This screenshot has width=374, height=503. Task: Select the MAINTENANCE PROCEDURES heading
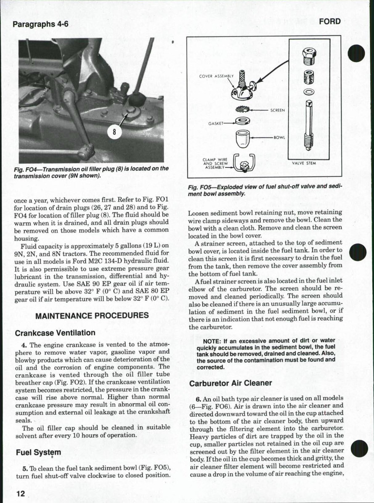(92, 315)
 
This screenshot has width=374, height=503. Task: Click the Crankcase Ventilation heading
(55, 333)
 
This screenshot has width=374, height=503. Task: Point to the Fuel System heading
(38, 453)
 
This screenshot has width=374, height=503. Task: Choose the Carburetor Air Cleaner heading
(231, 383)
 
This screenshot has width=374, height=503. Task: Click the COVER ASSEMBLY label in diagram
(216, 76)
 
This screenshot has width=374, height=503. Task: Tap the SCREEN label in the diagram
(277, 110)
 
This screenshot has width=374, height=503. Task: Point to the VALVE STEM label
(306, 163)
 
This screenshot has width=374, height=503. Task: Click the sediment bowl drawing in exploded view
(242, 139)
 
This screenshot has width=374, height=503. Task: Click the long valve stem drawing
(309, 126)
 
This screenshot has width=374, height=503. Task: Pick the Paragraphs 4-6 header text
(40, 24)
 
